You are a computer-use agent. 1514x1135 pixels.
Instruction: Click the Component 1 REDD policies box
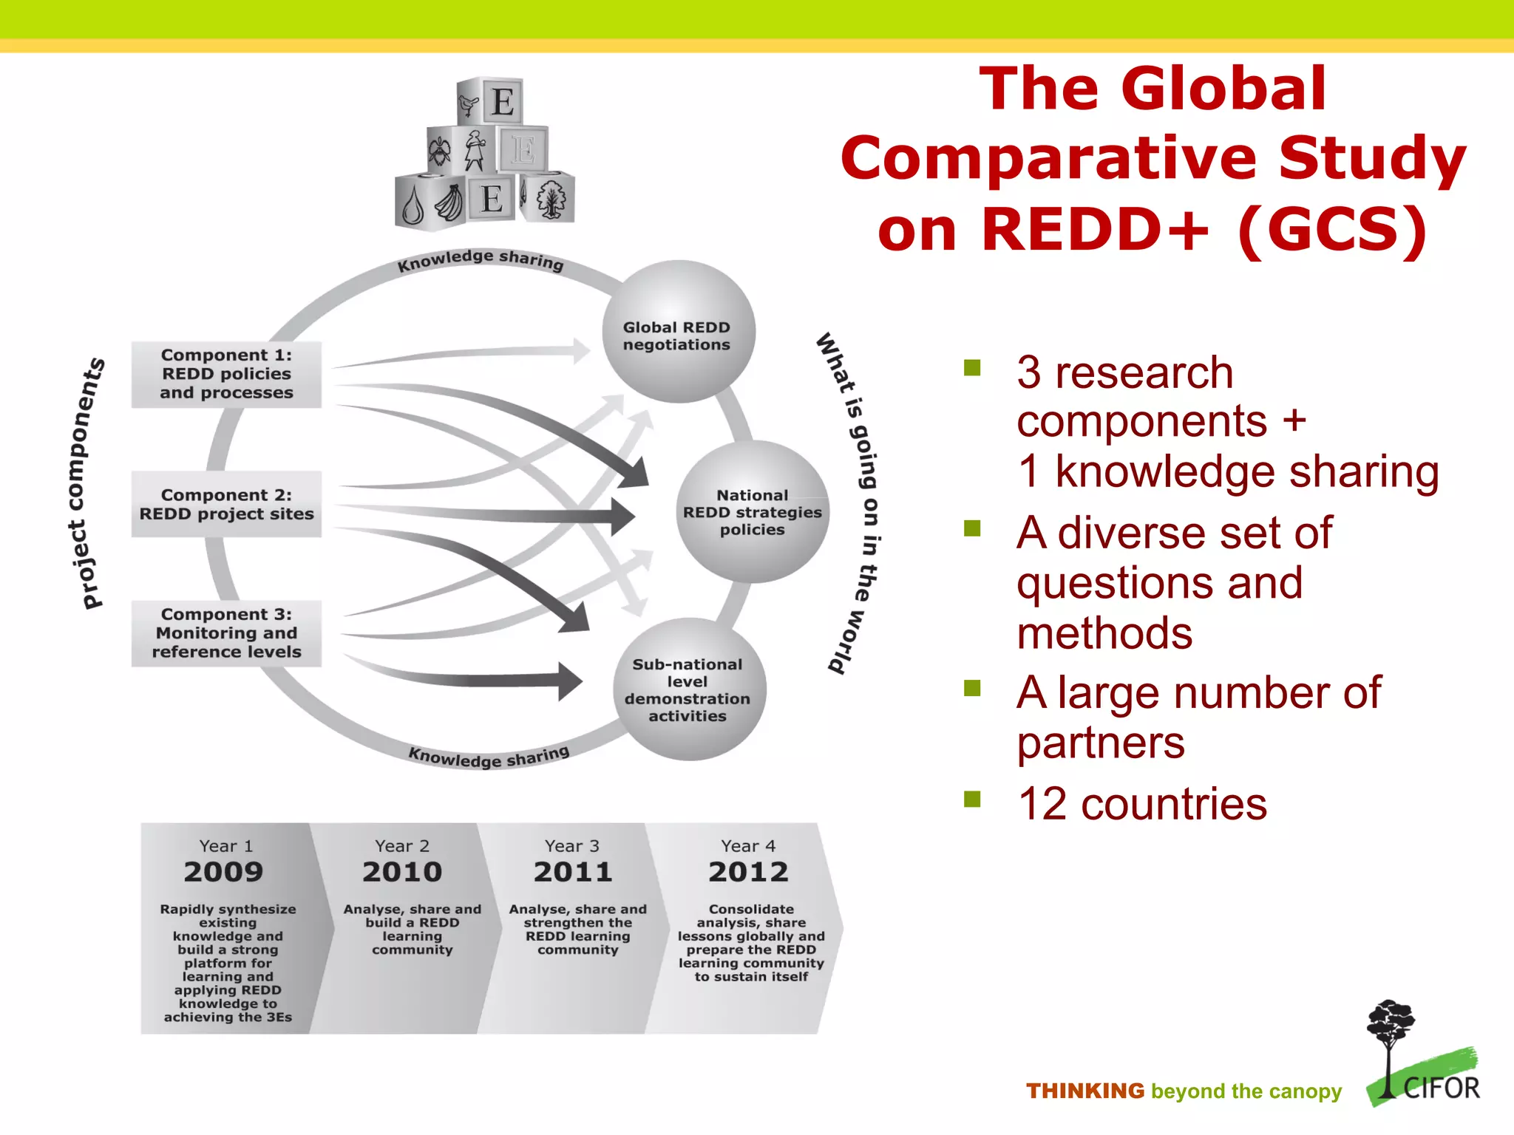(226, 374)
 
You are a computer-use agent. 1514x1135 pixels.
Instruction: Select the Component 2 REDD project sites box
(226, 504)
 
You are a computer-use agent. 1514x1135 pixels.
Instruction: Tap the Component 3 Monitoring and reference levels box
(226, 633)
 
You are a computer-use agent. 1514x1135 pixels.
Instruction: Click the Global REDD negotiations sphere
(677, 333)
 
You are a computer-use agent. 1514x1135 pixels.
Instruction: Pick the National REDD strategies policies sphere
(752, 512)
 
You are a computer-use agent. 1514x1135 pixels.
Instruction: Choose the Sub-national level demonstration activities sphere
(688, 689)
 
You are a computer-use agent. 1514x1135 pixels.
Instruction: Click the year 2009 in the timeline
(223, 872)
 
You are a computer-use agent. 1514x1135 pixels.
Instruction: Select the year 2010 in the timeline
(401, 872)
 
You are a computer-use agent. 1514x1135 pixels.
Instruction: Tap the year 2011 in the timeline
(573, 872)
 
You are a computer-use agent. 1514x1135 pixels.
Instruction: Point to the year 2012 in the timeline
(748, 872)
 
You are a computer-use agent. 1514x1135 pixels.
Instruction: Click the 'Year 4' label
(748, 846)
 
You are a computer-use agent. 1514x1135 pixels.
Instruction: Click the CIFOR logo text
(1442, 1088)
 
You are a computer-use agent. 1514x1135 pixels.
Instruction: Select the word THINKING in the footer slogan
(1084, 1091)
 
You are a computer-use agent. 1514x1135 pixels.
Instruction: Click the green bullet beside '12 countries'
(972, 799)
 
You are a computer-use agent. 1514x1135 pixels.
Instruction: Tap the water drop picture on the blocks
(413, 206)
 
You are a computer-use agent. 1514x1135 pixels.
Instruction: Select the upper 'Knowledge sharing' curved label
(480, 259)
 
